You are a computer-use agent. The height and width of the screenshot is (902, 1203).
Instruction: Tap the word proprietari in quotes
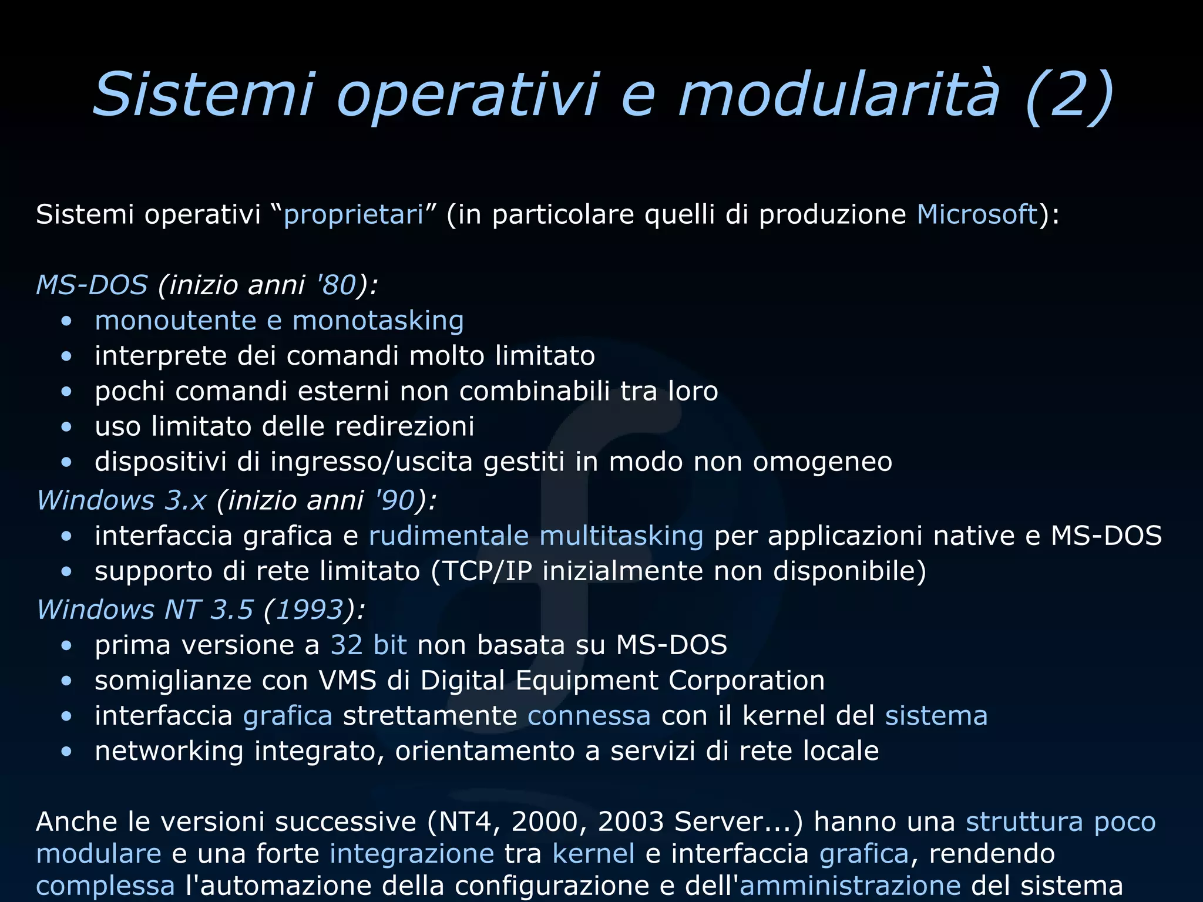(x=353, y=215)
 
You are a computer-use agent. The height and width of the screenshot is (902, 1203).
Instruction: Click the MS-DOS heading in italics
(x=92, y=285)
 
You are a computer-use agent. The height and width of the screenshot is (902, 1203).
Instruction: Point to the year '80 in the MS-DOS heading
(x=337, y=285)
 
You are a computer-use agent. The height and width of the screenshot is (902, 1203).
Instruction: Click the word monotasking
(x=378, y=321)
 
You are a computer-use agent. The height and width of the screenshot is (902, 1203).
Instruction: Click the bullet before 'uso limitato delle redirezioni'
(x=66, y=427)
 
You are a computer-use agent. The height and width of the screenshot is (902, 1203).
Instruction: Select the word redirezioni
(x=404, y=426)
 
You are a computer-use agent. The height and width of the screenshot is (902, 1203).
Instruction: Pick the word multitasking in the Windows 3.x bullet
(x=621, y=536)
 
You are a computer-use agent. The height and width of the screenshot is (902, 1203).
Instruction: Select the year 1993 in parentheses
(x=309, y=610)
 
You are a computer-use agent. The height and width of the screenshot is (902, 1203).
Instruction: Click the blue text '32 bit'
(x=368, y=645)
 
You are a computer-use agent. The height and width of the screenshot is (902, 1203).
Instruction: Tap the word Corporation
(x=746, y=681)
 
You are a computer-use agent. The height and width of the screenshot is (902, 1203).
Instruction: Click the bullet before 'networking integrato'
(x=66, y=752)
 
